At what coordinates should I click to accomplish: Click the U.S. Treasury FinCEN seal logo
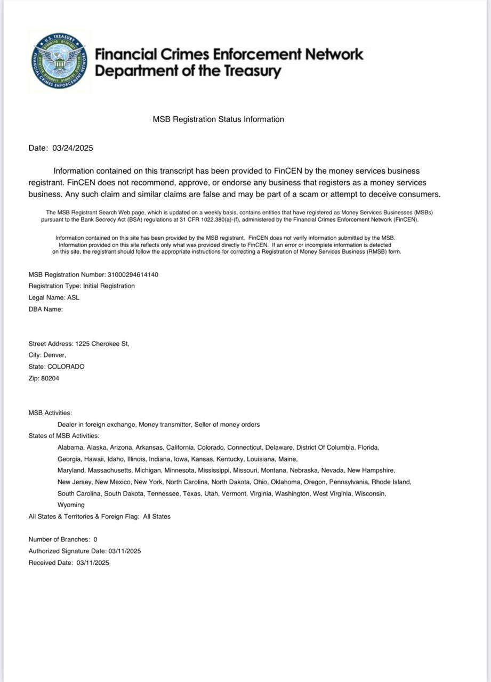(x=59, y=61)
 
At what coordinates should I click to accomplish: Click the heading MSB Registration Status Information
(x=218, y=119)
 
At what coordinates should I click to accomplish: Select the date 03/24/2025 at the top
(x=73, y=148)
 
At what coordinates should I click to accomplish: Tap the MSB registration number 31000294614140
(x=133, y=275)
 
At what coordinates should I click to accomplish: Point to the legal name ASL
(x=73, y=298)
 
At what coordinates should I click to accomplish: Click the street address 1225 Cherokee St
(x=102, y=344)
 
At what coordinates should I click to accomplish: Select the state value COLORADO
(x=66, y=367)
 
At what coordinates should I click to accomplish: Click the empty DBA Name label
(x=46, y=309)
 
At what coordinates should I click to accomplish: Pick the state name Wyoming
(x=71, y=505)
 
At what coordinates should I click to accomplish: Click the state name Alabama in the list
(x=70, y=448)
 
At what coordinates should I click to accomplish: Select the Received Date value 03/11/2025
(x=93, y=563)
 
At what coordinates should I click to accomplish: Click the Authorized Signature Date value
(x=124, y=551)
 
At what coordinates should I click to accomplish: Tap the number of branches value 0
(x=95, y=540)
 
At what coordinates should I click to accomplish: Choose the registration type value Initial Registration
(x=109, y=286)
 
